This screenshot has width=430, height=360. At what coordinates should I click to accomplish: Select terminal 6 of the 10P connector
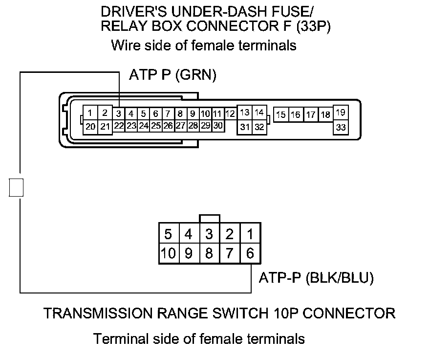pyautogui.click(x=250, y=254)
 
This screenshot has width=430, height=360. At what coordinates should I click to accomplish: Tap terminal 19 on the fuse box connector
pyautogui.click(x=341, y=113)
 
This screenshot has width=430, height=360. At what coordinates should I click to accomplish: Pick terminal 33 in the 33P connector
pyautogui.click(x=341, y=127)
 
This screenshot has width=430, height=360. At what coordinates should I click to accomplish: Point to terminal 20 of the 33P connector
pyautogui.click(x=90, y=126)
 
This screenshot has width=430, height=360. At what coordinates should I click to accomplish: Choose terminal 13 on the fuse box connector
pyautogui.click(x=245, y=112)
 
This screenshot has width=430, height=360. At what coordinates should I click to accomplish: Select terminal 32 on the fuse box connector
pyautogui.click(x=259, y=127)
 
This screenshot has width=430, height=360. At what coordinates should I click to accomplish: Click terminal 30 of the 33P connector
pyautogui.click(x=217, y=126)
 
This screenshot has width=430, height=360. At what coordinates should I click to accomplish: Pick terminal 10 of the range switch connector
pyautogui.click(x=168, y=254)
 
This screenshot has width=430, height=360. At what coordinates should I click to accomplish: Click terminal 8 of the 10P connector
pyautogui.click(x=209, y=254)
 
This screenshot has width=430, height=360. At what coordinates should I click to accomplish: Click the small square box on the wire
pyautogui.click(x=17, y=187)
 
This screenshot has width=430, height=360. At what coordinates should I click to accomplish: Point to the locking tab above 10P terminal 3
pyautogui.click(x=210, y=218)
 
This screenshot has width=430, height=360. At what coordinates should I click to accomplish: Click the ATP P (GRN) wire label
pyautogui.click(x=172, y=75)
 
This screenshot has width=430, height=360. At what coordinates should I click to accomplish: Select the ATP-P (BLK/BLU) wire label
pyautogui.click(x=316, y=278)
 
